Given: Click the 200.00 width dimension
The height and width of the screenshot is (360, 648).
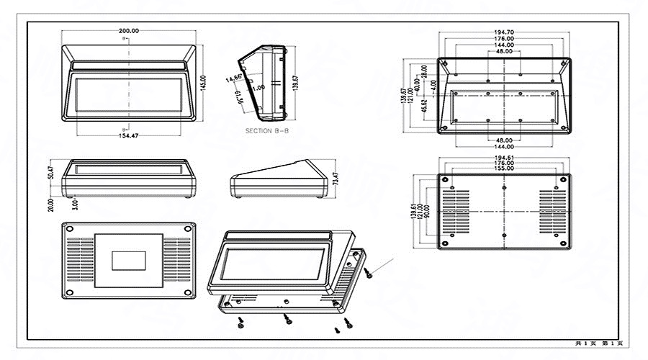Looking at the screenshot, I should click(x=129, y=31).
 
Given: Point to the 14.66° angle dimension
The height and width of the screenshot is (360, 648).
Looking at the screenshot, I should click(x=233, y=78).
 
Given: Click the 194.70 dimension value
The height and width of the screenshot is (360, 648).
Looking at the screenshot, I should click(x=504, y=32).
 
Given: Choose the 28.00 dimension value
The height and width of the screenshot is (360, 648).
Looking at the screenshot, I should click(x=424, y=71).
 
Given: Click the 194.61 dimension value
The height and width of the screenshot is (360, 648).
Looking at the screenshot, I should click(x=504, y=158).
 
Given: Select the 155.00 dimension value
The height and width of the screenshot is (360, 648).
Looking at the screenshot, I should click(x=504, y=169).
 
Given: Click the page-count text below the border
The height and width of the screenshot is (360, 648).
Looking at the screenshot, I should click(x=598, y=344).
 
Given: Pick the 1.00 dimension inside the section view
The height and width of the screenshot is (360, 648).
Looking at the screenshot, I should click(x=258, y=87).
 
